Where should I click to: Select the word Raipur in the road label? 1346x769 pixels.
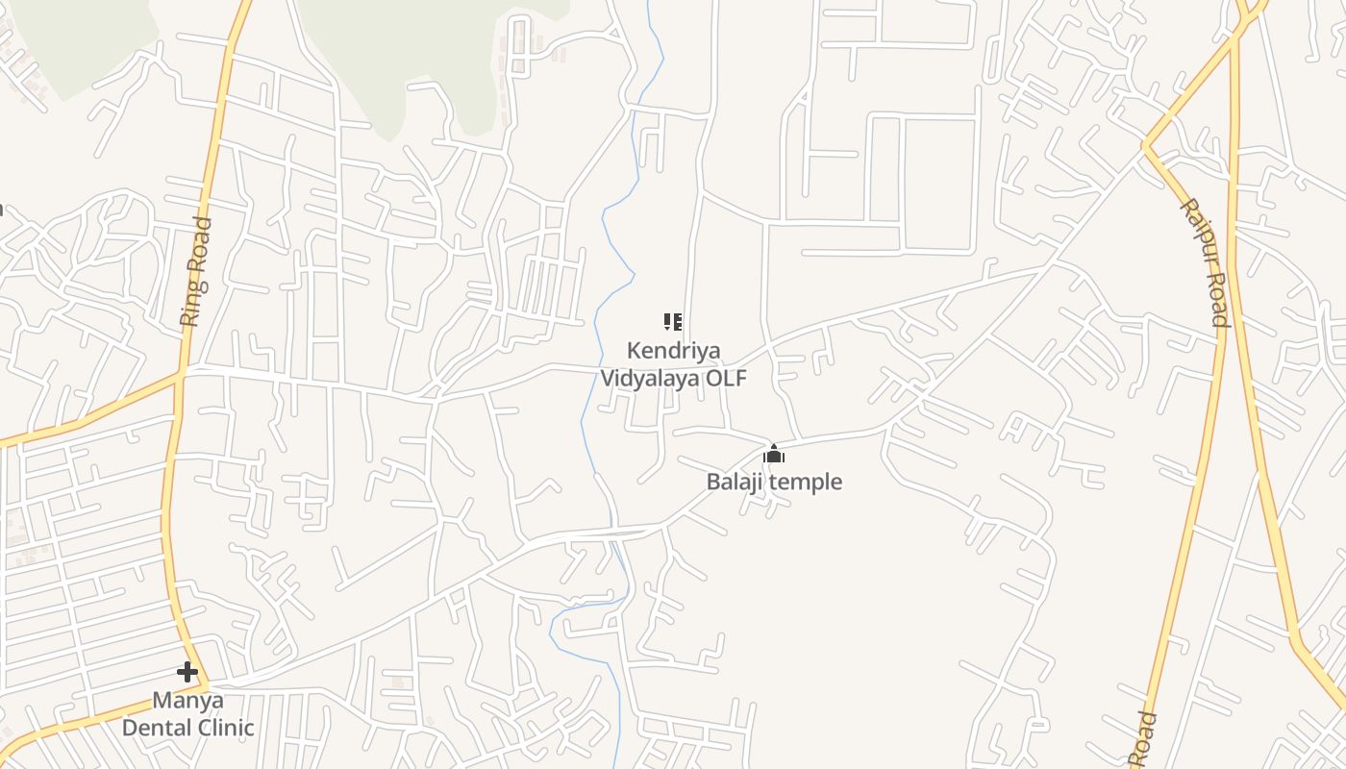point(1197,231)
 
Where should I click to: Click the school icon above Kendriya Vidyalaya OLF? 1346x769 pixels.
point(673,321)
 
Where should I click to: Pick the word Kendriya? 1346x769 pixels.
point(673,351)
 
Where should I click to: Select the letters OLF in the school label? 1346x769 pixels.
point(727,378)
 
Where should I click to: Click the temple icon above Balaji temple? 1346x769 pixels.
point(774,454)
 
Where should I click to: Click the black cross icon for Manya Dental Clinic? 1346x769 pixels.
point(187,672)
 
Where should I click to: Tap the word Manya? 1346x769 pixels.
point(187,700)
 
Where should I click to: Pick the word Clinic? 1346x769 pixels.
point(224,728)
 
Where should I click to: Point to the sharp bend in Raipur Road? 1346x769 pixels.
point(1146,146)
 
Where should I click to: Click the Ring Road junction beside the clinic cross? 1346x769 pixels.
point(205,685)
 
